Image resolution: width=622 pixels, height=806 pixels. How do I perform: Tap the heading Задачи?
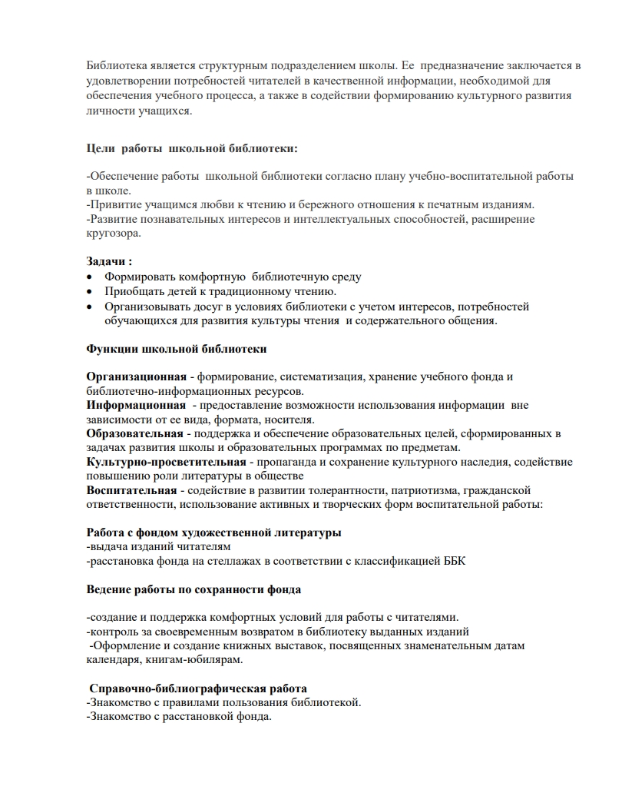pos(109,261)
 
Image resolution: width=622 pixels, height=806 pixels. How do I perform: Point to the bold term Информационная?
pos(136,405)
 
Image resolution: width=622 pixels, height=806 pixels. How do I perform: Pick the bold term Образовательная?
pos(135,433)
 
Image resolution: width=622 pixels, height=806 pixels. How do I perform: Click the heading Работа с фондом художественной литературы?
pos(214,532)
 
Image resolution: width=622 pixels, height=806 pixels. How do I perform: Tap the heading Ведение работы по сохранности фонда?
pos(193,589)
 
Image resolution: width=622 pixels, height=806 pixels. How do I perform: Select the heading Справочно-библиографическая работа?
pos(198,688)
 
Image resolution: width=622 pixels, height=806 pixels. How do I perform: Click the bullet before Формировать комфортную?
pos(91,277)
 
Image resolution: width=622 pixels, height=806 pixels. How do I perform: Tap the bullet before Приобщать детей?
pos(91,291)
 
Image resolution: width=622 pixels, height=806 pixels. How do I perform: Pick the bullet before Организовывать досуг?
pos(91,307)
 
